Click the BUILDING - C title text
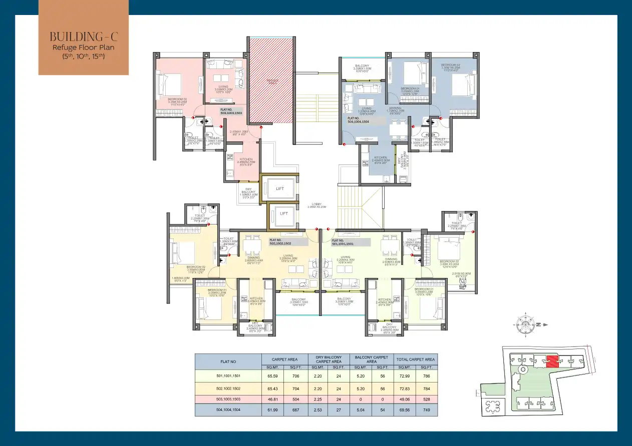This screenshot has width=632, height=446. click(x=83, y=36)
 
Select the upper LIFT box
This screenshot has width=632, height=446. click(x=280, y=188)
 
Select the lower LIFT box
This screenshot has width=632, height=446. click(x=284, y=213)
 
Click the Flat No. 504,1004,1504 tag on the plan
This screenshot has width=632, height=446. click(x=366, y=120)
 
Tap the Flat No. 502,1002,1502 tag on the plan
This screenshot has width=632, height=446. click(x=287, y=242)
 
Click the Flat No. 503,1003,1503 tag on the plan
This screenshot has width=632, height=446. click(x=231, y=111)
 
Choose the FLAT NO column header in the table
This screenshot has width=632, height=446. click(x=228, y=361)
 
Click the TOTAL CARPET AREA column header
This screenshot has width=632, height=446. click(x=416, y=359)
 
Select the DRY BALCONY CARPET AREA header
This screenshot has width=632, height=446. click(x=328, y=359)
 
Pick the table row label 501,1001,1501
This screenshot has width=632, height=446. click(x=228, y=375)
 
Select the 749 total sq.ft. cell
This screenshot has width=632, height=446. click(x=427, y=410)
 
